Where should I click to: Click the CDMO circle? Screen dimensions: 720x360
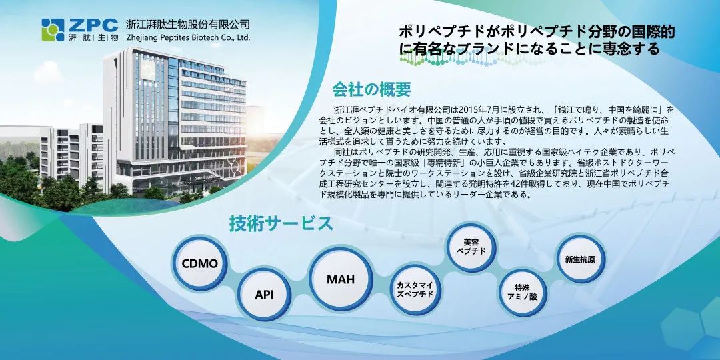coord(199,263)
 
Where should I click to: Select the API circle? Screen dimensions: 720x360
coord(264,295)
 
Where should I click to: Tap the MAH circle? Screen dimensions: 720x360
coord(341,279)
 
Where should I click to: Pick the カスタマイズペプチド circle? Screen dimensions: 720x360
coord(415,290)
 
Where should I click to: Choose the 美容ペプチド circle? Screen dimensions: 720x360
coord(471,247)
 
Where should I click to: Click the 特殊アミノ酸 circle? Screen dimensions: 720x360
coord(523,293)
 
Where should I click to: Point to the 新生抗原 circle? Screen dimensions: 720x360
coord(580,259)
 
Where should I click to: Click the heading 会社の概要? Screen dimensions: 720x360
coord(371,89)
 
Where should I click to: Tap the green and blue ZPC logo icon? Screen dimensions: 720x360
coord(53,30)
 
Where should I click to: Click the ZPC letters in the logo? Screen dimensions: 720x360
coord(93,25)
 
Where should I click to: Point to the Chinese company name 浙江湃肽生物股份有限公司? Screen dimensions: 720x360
coord(188,25)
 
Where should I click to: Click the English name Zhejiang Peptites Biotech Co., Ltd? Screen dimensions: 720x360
coord(188,37)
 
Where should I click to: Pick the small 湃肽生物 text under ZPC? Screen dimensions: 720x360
coord(94,37)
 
